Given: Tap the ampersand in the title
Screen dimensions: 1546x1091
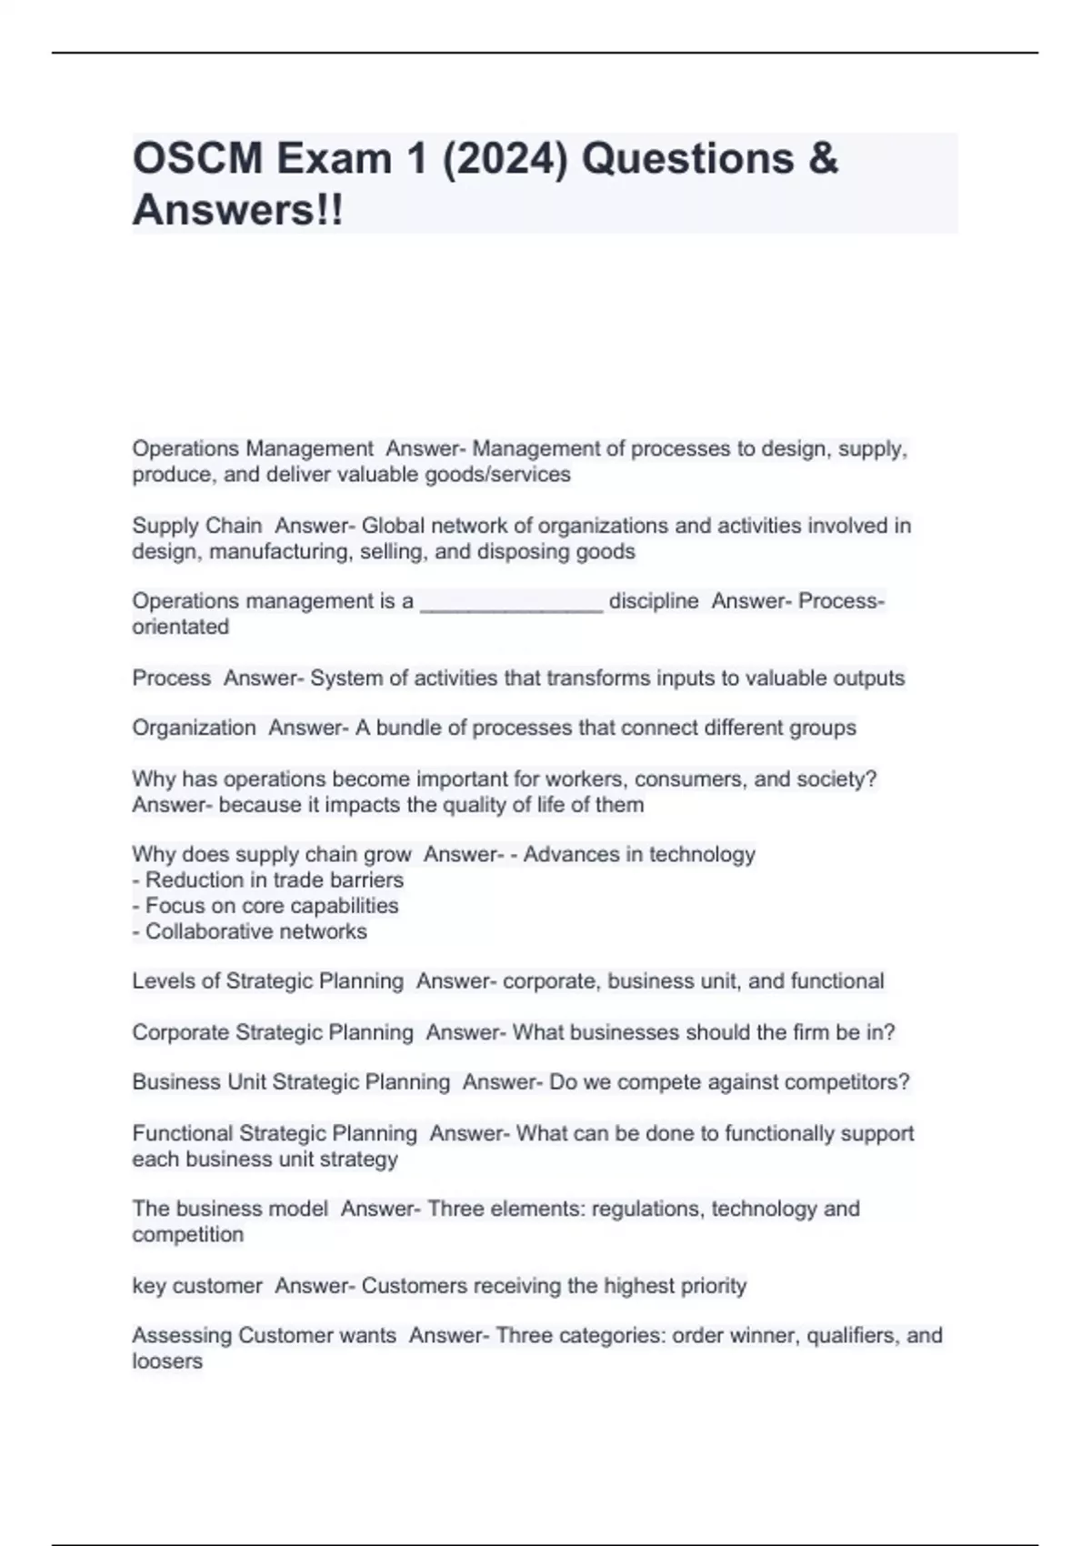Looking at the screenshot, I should pos(822,159).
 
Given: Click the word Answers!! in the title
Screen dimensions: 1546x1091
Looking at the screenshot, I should pos(238,211).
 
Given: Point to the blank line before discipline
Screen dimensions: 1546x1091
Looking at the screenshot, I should pos(511,604).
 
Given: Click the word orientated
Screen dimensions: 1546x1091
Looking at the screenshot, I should pos(180,627).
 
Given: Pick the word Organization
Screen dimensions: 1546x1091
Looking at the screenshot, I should pos(194,728).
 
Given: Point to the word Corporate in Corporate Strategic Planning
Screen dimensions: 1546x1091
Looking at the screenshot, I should pos(180,1032).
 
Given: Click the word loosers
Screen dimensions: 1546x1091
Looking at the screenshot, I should pos(167,1361).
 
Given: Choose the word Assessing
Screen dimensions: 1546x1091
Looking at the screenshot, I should pos(181,1336).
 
